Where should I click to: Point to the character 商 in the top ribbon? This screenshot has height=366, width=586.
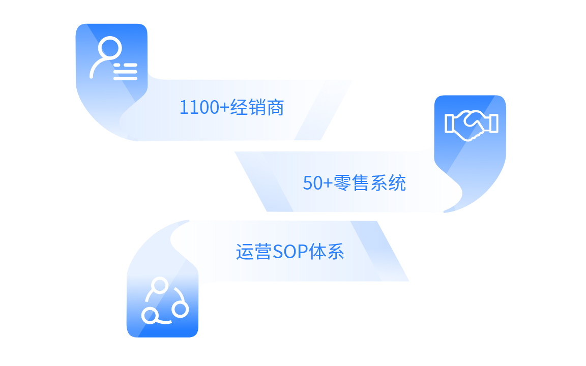click(275, 108)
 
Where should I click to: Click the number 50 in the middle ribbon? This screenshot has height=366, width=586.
click(312, 184)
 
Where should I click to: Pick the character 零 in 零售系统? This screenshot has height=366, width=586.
click(341, 183)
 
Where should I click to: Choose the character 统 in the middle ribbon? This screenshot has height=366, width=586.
click(397, 183)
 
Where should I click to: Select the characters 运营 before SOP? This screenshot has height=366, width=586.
click(253, 252)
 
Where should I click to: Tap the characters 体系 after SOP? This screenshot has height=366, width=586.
click(327, 252)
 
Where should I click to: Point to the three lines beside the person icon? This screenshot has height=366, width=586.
click(125, 72)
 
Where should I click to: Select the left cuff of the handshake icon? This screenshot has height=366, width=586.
click(449, 123)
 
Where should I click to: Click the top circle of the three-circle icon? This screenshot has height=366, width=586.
click(160, 285)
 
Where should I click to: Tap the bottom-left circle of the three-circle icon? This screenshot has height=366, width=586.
click(149, 316)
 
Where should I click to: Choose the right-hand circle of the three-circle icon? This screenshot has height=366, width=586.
click(180, 309)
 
